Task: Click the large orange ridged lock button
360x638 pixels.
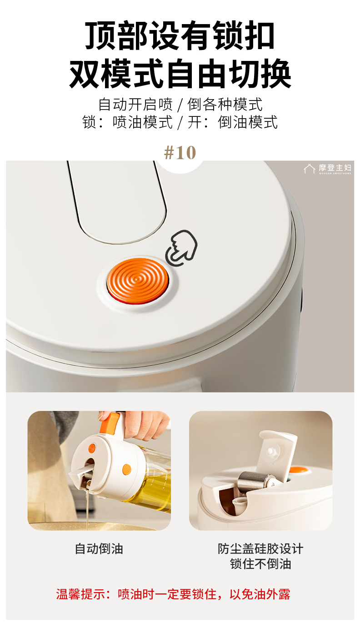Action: [x=138, y=281]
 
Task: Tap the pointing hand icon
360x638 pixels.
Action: [x=181, y=248]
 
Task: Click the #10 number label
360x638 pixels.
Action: [x=180, y=153]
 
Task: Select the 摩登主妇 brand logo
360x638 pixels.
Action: [x=328, y=169]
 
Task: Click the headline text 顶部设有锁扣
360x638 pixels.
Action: [x=180, y=35]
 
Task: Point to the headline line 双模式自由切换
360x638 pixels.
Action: [x=180, y=74]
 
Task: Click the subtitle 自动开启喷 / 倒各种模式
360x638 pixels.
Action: [x=180, y=104]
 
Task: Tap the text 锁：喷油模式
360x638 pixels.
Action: [x=127, y=122]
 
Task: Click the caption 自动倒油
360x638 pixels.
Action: [x=99, y=548]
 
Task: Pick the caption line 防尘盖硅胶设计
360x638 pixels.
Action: [x=260, y=548]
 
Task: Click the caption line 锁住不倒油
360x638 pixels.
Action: [x=260, y=564]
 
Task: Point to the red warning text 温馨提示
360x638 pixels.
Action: [x=80, y=594]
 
